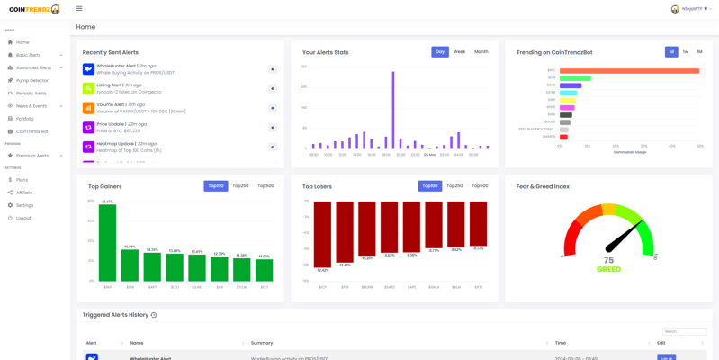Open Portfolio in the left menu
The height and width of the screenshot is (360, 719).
[24, 119]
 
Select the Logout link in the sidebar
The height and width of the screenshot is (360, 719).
[23, 218]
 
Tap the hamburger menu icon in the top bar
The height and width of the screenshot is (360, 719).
[79, 8]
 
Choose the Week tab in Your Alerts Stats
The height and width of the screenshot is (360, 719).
[459, 52]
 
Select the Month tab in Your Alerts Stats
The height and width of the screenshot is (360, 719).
[481, 52]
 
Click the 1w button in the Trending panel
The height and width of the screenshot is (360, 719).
[685, 52]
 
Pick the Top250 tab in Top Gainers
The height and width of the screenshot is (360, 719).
[240, 186]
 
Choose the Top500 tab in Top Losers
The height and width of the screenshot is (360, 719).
[480, 186]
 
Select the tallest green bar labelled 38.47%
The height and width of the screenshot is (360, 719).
[107, 243]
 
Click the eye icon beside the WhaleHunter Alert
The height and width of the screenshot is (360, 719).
[273, 69]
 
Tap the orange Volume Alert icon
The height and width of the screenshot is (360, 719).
[88, 108]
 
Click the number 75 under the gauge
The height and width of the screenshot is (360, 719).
[608, 260]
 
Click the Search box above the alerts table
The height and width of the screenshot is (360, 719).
[684, 331]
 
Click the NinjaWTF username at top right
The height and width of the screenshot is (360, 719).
[692, 9]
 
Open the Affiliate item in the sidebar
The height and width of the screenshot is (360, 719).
[24, 193]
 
